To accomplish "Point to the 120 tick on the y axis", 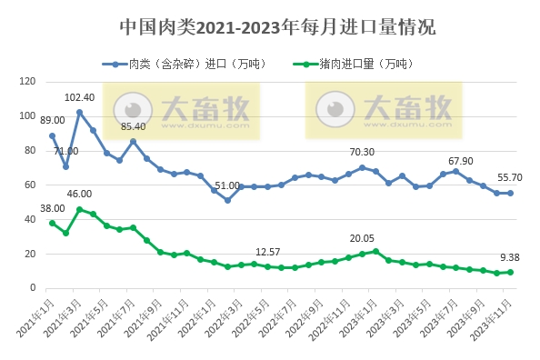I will pos(27,82).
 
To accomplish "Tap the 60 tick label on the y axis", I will pos(30,185).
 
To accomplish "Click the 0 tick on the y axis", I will pos(33,288).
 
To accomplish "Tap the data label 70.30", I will pos(362,152).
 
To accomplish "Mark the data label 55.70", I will pos(510,178).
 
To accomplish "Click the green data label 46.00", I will pos(80,195).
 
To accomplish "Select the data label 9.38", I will pos(510,257).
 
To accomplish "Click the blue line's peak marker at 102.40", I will pos(79,112).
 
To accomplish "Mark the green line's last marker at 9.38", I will pos(510,272).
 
